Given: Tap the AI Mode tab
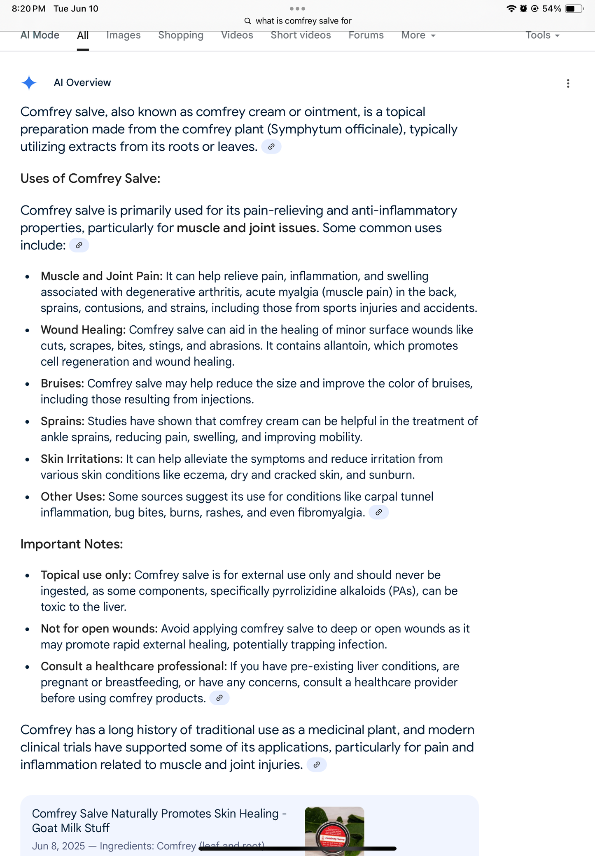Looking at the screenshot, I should [x=40, y=35].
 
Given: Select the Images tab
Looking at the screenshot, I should [x=123, y=35].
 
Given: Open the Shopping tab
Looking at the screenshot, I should [x=181, y=35].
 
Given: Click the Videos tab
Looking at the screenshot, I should [x=237, y=35].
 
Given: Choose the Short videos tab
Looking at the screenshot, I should [x=301, y=35].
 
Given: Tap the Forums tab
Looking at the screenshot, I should [x=366, y=35].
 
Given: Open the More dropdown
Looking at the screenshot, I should [x=418, y=35].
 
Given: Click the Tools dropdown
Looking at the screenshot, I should [x=542, y=35].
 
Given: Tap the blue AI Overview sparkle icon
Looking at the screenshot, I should [x=29, y=83].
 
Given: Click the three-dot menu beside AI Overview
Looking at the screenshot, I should [x=568, y=84].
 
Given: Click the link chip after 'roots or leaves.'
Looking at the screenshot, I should [x=271, y=147].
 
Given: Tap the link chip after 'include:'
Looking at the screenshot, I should [x=79, y=245].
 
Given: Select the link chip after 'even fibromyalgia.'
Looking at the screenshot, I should [x=378, y=512].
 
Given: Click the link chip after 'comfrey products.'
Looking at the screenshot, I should [x=219, y=698].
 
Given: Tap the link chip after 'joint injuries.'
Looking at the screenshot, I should [x=317, y=765].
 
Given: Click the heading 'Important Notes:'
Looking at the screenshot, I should [x=72, y=544].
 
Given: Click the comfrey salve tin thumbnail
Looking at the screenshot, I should [x=334, y=831].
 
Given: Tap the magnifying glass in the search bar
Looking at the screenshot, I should [x=247, y=21].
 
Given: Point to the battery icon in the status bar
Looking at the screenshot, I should [x=574, y=9].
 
